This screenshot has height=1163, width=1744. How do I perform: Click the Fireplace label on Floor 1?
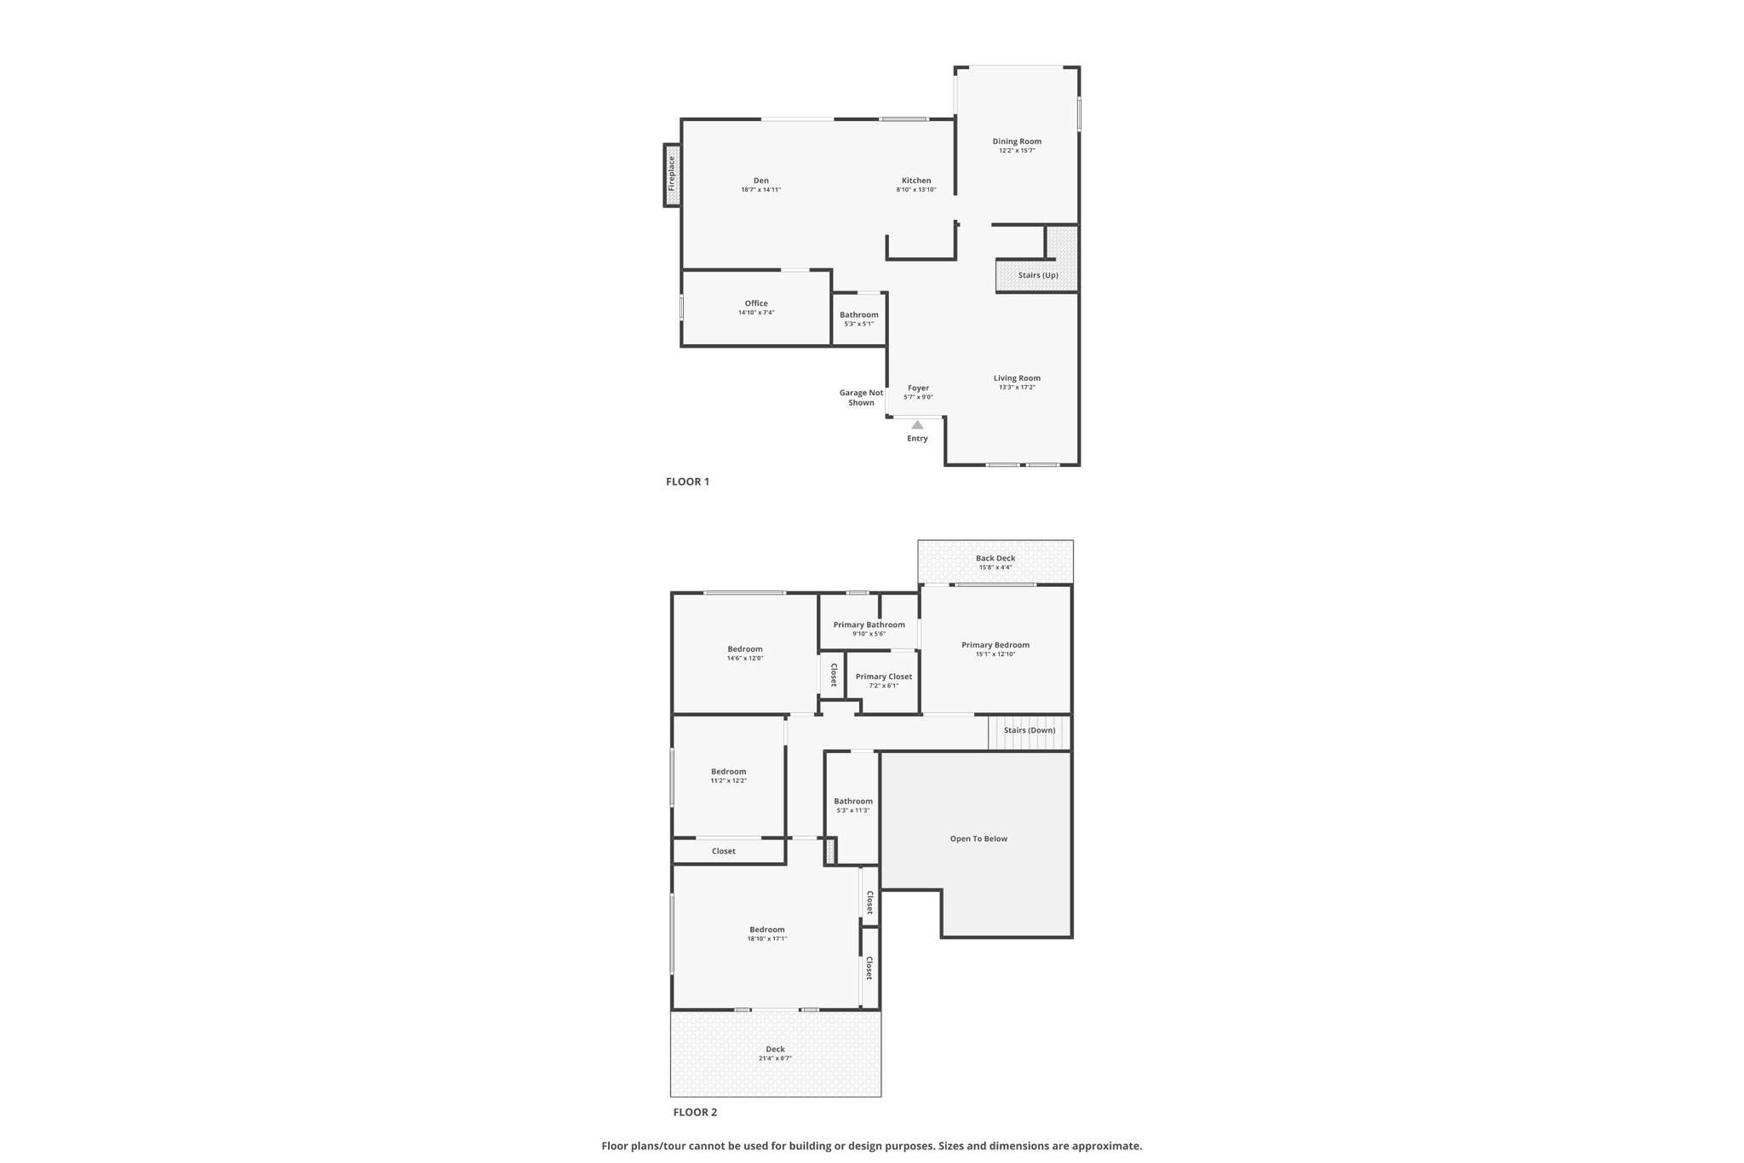[x=671, y=173]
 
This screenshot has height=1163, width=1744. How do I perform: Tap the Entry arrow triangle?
[x=917, y=424]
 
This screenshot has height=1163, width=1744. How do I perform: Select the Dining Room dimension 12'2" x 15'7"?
[x=1017, y=151]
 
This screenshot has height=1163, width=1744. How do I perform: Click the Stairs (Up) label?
[x=1038, y=275]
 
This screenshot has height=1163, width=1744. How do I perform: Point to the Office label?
[x=756, y=303]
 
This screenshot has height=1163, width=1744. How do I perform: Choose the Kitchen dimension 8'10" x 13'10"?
[x=916, y=190]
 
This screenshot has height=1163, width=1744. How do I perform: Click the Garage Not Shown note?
[x=861, y=398]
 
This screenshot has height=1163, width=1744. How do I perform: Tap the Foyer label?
[x=918, y=388]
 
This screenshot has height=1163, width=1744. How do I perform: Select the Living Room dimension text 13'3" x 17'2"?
[x=1017, y=388]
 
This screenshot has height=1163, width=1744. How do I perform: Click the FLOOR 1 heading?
[x=687, y=481]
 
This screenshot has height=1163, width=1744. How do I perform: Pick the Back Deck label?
[x=995, y=558]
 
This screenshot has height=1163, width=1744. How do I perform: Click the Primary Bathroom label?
[x=869, y=625]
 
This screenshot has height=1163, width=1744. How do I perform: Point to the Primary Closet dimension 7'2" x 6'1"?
[x=883, y=686]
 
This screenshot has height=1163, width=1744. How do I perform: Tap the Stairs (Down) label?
[x=1030, y=730]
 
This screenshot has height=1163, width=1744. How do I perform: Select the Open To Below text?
[x=978, y=838]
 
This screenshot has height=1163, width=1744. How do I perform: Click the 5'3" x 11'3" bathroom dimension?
[x=853, y=810]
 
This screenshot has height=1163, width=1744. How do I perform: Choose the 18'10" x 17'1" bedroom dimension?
[x=766, y=939]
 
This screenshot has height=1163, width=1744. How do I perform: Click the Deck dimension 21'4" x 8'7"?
[x=775, y=1058]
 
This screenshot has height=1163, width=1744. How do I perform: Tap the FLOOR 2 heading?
[x=695, y=1112]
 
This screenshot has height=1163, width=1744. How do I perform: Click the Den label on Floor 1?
[x=760, y=181]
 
